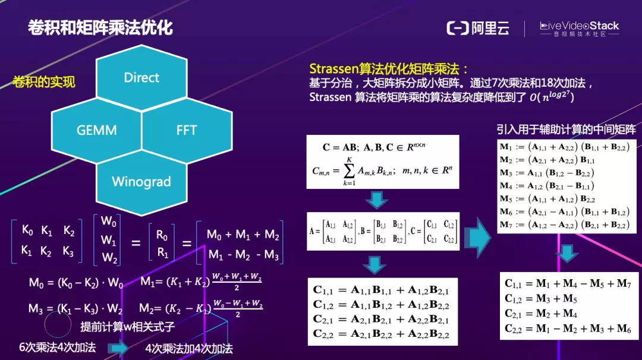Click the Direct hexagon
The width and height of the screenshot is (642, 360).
pyautogui.click(x=141, y=78)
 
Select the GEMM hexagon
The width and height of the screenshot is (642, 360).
pyautogui.click(x=96, y=130)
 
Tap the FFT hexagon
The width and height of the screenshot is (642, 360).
pyautogui.click(x=186, y=130)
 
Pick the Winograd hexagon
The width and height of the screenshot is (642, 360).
pyautogui.click(x=141, y=181)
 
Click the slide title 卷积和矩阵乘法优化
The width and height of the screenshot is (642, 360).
pyautogui.click(x=100, y=28)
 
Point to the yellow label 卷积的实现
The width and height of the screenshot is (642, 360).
pyautogui.click(x=44, y=82)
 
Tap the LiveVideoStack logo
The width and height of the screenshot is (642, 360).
pyautogui.click(x=579, y=29)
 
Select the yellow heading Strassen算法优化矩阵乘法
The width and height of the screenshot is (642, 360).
pyautogui.click(x=389, y=68)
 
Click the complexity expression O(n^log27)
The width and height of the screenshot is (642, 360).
pyautogui.click(x=552, y=97)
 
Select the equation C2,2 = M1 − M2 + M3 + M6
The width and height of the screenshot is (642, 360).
pyautogui.click(x=568, y=329)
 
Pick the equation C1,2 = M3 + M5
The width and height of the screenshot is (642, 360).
pyautogui.click(x=541, y=299)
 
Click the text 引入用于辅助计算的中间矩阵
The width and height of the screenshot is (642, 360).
pyautogui.click(x=566, y=129)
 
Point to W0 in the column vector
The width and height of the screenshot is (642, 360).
pyautogui.click(x=109, y=222)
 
